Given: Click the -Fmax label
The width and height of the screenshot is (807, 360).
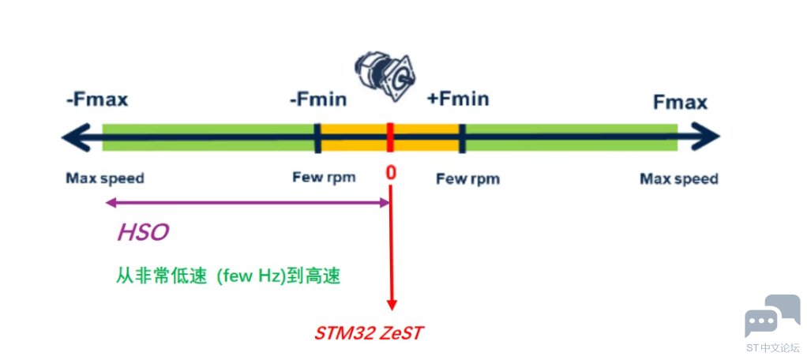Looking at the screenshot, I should pos(96,100).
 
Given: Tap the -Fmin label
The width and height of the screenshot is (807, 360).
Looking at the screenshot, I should pos(318,100).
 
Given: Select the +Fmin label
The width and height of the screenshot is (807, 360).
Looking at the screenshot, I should pos(458,99).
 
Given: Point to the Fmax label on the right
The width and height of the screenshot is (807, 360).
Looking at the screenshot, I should pos(680,102).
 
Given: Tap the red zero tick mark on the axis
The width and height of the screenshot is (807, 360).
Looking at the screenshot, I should pos(390,137).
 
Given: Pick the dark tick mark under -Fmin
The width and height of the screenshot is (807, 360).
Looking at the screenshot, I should pos(317,137).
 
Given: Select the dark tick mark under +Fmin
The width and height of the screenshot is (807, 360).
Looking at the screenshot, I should pos(462,137).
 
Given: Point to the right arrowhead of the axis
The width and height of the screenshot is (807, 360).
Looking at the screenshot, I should pos(709,137).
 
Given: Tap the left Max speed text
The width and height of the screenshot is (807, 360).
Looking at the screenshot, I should pos(105,178).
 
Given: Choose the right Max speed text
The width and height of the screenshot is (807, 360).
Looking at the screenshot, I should pos(679,179).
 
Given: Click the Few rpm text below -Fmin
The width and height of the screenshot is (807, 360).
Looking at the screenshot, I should pos(324,177).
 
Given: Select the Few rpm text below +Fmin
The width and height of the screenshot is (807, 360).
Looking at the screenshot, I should pos(467,179).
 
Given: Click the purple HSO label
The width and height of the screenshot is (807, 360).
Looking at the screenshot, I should pos(143,232).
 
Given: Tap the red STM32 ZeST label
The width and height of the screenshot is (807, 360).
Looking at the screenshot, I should pos(369,332).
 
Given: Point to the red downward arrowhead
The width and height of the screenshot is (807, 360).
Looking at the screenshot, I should pos(391,304).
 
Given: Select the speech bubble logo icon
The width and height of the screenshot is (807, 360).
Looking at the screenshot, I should pos(771,316).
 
